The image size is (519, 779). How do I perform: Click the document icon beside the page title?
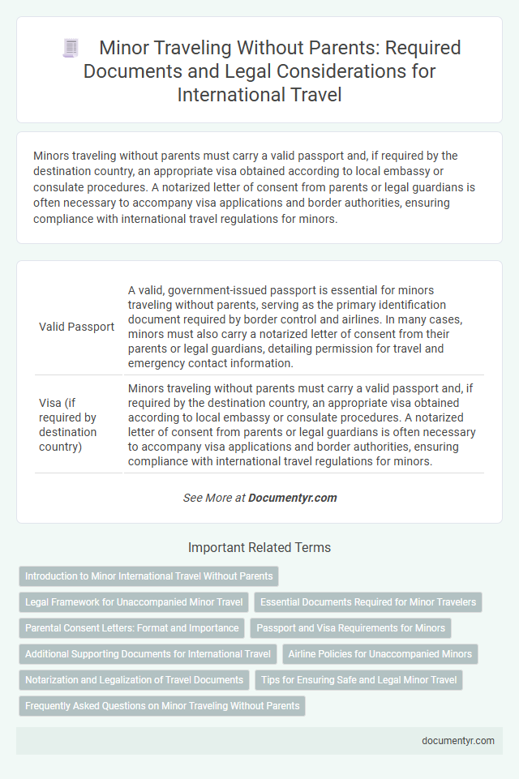71,48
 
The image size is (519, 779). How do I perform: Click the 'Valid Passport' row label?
77,327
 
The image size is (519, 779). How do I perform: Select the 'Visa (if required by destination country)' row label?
68,424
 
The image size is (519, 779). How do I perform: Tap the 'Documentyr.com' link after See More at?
294,498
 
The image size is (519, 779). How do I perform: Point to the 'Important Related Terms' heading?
259,548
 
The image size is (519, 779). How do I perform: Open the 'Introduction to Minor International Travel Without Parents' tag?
148,576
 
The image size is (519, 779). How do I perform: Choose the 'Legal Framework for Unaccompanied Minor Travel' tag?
133,602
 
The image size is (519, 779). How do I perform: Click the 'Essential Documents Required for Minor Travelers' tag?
368,602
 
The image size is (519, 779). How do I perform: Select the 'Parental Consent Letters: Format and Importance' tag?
132,627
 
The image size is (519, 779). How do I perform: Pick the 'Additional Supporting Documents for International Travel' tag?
148,653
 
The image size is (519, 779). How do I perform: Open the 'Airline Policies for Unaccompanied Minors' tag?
380,653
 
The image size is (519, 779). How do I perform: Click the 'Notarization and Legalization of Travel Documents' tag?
134,679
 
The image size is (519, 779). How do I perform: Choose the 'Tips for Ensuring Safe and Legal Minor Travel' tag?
358,679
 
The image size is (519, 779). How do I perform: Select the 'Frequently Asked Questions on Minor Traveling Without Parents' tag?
162,705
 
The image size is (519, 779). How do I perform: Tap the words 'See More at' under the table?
214,498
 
